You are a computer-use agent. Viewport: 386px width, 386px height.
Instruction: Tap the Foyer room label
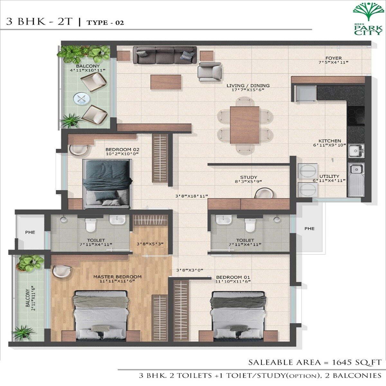[333, 58]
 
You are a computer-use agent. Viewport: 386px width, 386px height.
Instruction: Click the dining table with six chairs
[244, 125]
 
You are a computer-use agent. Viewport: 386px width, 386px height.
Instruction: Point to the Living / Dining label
[248, 86]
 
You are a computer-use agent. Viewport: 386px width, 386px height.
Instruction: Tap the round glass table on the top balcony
[81, 98]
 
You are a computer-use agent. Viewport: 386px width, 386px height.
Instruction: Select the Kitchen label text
[330, 141]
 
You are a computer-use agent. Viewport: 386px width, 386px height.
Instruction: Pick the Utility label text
[329, 176]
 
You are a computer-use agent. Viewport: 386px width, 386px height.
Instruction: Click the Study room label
[249, 177]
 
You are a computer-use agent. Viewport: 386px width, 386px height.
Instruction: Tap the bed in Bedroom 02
[107, 184]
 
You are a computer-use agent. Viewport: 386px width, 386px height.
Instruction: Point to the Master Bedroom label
[117, 277]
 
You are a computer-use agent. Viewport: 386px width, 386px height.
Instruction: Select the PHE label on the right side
[309, 229]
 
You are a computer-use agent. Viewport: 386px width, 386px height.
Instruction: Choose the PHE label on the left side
[30, 232]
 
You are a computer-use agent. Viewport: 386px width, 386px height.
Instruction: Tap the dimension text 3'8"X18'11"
[192, 196]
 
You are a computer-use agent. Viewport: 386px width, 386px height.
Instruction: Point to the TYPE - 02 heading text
[105, 23]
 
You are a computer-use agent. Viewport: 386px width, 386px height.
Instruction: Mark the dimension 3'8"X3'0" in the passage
[189, 271]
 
